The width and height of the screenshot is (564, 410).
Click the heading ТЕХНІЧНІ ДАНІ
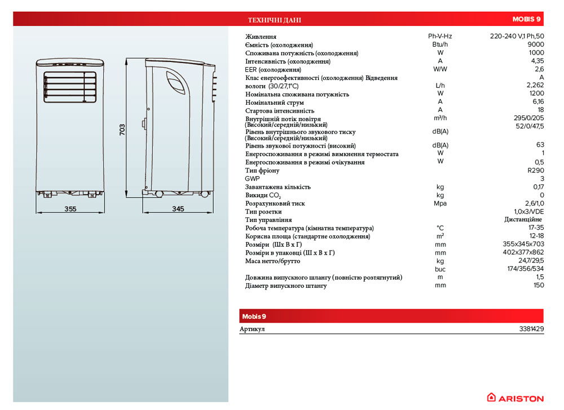pyautogui.click(x=275, y=20)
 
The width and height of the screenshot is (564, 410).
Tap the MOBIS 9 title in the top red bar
pyautogui.click(x=527, y=20)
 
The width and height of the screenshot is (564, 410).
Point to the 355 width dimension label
pyautogui.click(x=70, y=209)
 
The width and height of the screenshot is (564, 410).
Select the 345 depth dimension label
pyautogui.click(x=178, y=209)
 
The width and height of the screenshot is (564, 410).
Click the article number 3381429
pyautogui.click(x=531, y=329)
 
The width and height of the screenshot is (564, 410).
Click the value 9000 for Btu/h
pyautogui.click(x=536, y=44)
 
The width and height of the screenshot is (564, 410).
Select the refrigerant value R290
pyautogui.click(x=535, y=170)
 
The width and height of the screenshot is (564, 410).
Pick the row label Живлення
pyautogui.click(x=261, y=37)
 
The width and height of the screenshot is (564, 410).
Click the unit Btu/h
pyautogui.click(x=440, y=44)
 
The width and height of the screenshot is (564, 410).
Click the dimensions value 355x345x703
pyautogui.click(x=524, y=244)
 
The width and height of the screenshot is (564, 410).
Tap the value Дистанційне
pyautogui.click(x=524, y=220)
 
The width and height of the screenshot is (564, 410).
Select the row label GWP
pyautogui.click(x=252, y=179)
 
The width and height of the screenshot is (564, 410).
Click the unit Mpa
pyautogui.click(x=440, y=203)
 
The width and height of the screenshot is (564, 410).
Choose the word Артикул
pyautogui.click(x=252, y=329)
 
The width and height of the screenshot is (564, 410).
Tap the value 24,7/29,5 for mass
pyautogui.click(x=531, y=261)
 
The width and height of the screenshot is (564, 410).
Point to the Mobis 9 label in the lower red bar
pyautogui.click(x=253, y=315)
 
